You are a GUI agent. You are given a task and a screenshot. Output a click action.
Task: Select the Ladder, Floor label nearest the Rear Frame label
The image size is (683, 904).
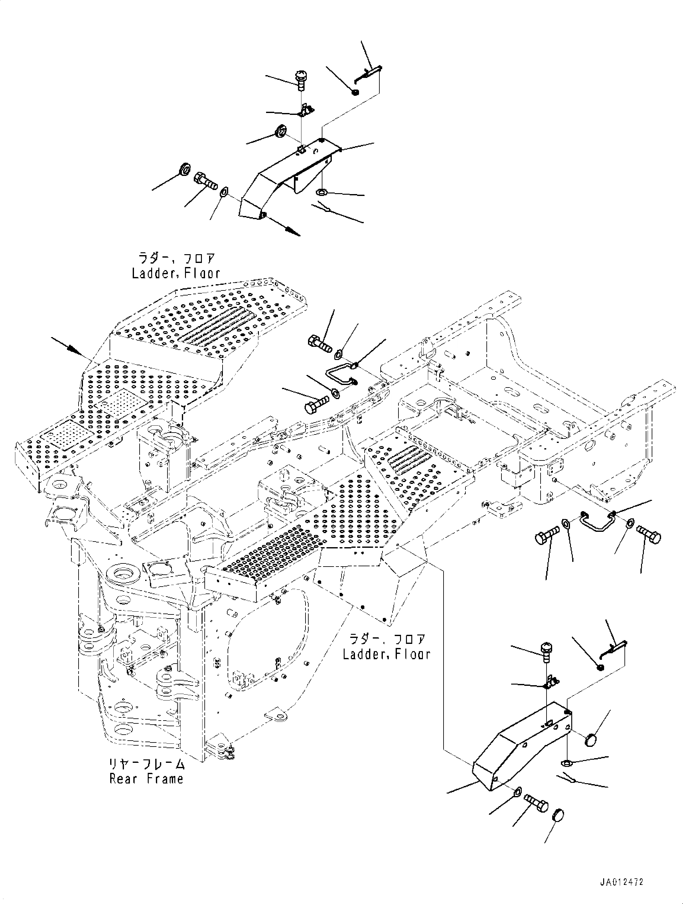(386, 654)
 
